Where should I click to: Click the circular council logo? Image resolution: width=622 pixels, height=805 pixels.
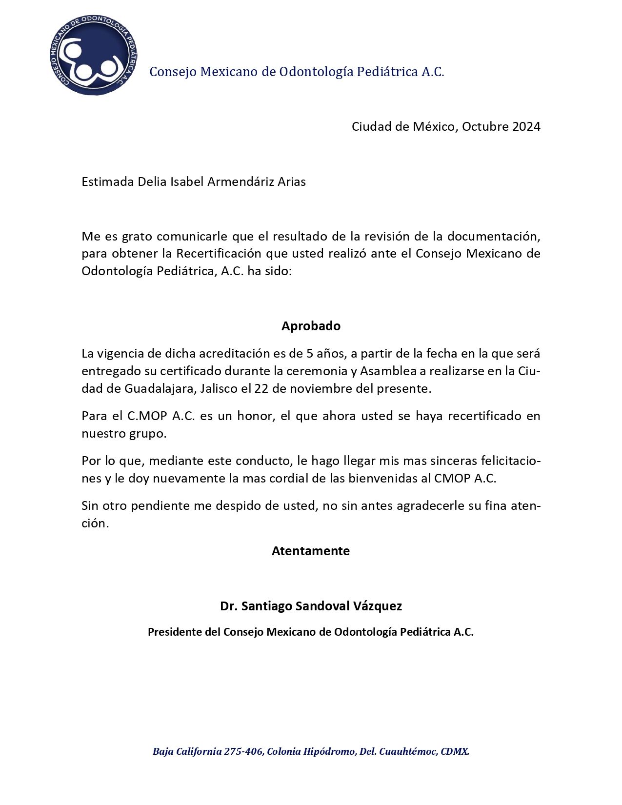[x=93, y=54]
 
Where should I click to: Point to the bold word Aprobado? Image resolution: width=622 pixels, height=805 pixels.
[x=311, y=326]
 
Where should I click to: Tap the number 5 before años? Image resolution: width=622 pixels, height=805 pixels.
[x=310, y=353]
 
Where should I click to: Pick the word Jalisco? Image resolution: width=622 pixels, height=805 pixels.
[x=215, y=389]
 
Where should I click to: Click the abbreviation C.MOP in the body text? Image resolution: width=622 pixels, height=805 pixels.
[x=147, y=416]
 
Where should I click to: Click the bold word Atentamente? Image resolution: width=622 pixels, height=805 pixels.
[x=311, y=551]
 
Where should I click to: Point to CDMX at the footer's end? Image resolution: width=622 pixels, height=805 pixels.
[x=455, y=751]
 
